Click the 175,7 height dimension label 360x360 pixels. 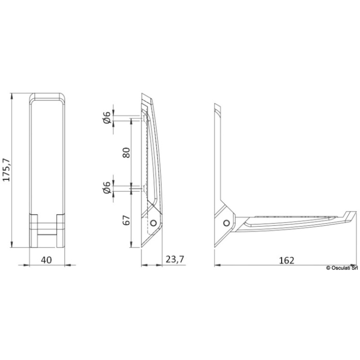coord(7,170)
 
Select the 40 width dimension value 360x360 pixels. coord(46,260)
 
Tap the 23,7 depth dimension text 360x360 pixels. coord(175,259)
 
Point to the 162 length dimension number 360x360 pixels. coord(286,260)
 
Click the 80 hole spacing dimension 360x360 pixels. coord(126,153)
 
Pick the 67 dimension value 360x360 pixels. coord(126,220)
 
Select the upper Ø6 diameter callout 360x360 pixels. coord(107,118)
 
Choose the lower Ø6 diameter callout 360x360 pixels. coord(107,187)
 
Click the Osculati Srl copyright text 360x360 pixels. coord(342,268)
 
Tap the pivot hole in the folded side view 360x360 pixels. coord(153,223)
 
